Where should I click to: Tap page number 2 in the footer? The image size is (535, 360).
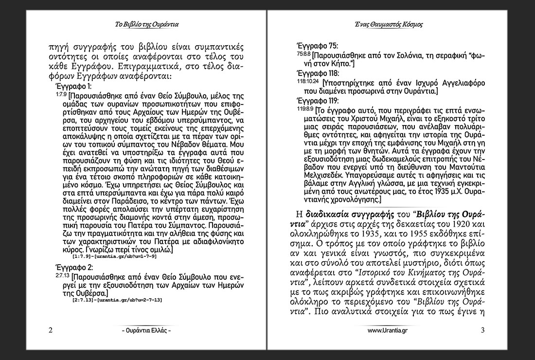pyautogui.click(x=51, y=330)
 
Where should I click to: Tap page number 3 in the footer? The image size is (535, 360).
pyautogui.click(x=482, y=330)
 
